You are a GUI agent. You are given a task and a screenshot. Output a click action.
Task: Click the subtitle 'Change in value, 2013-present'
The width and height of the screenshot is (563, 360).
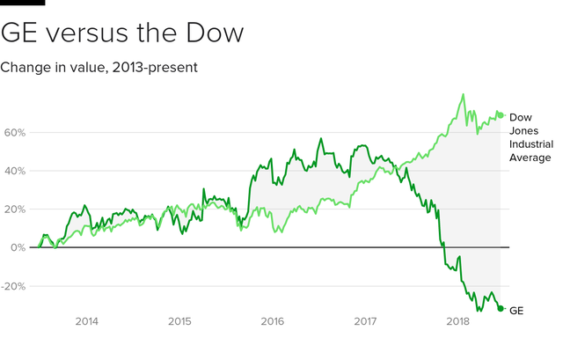(x=99, y=67)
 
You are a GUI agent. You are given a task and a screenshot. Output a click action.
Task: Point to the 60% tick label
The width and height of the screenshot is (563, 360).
(x=14, y=132)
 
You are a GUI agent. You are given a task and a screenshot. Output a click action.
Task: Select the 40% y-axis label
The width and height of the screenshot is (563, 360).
(x=14, y=171)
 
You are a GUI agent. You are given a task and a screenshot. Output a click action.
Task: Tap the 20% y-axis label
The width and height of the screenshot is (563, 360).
(x=14, y=209)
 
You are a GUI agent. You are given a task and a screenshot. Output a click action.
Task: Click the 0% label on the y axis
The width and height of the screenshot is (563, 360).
(x=18, y=247)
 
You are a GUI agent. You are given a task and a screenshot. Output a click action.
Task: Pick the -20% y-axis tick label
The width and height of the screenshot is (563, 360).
(x=12, y=286)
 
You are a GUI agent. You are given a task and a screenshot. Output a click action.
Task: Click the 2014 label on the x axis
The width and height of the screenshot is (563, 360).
(x=86, y=322)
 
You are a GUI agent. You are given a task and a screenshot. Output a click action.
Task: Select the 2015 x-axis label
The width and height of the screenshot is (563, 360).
(x=179, y=322)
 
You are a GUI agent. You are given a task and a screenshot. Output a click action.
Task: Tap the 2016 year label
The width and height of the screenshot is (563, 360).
(x=272, y=322)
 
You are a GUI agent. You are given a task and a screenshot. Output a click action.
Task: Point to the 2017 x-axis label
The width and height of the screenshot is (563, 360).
(x=365, y=322)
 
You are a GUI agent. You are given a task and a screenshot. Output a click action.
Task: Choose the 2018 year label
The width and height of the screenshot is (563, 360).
(x=457, y=322)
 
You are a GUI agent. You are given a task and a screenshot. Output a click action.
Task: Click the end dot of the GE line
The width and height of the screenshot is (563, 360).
(x=501, y=308)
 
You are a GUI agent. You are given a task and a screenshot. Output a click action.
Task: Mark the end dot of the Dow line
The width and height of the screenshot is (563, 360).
(x=501, y=115)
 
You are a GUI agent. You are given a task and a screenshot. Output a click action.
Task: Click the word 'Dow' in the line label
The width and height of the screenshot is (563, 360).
(x=521, y=116)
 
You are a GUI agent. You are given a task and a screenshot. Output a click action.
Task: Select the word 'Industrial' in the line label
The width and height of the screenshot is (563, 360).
(x=530, y=143)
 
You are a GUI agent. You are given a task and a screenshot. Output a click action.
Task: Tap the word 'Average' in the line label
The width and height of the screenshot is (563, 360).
(x=530, y=158)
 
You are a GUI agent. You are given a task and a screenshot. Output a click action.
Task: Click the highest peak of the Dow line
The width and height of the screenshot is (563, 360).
(x=463, y=94)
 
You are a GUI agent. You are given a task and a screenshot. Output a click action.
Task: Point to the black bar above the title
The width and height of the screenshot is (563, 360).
(x=22, y=3)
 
